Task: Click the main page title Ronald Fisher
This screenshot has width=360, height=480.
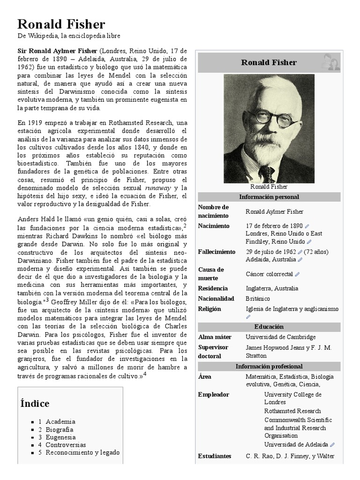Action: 61,24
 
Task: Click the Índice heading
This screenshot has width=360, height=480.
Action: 35,404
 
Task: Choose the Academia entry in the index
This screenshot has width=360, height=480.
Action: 60,422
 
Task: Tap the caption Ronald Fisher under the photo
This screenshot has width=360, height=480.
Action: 269,186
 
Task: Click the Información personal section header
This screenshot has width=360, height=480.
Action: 269,197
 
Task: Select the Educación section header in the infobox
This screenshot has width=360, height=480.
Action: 269,327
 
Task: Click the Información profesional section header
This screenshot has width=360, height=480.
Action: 269,367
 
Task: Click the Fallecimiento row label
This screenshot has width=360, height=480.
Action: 217,252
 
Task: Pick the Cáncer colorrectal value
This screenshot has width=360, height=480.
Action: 269,274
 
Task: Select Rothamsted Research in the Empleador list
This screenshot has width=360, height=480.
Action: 292,411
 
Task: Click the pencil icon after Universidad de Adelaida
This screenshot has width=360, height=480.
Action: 332,445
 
